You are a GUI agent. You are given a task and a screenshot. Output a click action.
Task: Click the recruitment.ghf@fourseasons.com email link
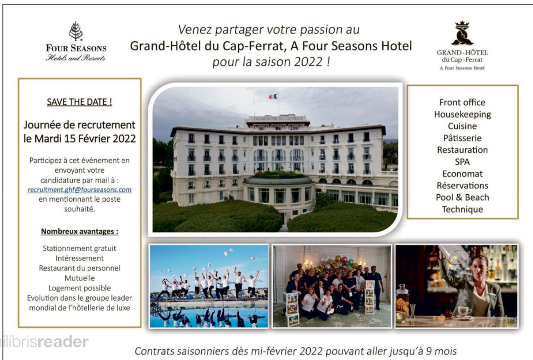[x=79, y=190]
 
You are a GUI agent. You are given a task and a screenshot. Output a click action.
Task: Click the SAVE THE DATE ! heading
[x=79, y=102]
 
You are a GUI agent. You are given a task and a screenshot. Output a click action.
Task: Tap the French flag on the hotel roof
[x=273, y=96]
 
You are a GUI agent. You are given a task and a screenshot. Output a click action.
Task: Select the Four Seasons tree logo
[x=76, y=31]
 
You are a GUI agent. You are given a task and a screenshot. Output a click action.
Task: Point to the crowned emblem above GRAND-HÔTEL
[x=463, y=33]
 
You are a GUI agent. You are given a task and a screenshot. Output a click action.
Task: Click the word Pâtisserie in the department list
[x=463, y=138]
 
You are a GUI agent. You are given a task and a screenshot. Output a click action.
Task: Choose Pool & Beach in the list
[x=463, y=198]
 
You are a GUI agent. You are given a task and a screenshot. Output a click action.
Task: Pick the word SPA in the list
[x=463, y=162]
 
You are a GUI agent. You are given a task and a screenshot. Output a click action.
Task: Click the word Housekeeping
[x=463, y=114]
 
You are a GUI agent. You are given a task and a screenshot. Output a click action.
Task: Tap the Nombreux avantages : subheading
[x=79, y=232]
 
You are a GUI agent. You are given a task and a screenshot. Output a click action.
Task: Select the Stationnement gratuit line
[x=79, y=248]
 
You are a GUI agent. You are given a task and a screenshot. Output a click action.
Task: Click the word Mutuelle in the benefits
[x=79, y=278]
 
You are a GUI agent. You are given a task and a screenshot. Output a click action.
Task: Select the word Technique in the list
[x=463, y=209]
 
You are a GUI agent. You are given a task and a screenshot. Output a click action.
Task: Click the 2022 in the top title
[x=309, y=62]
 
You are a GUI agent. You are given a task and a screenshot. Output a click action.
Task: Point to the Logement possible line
[x=79, y=288]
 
